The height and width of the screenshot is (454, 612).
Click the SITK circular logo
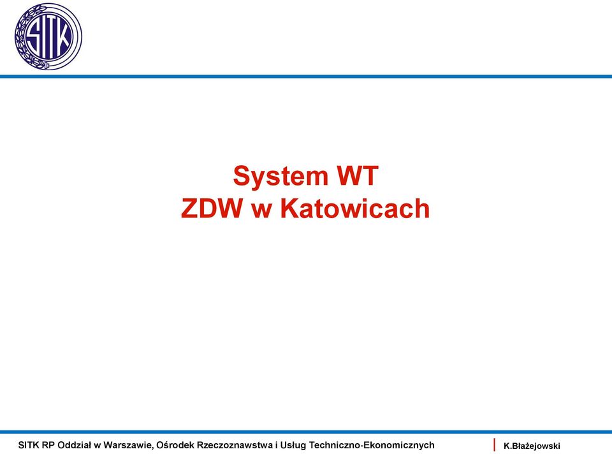tap(48, 36)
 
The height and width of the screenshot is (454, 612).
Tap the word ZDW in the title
tap(212, 208)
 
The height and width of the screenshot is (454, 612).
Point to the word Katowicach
tap(355, 208)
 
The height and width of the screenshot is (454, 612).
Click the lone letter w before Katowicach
tap(261, 211)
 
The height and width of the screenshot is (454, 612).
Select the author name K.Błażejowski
tap(532, 446)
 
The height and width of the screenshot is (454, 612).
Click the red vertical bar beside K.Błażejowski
tap(494, 445)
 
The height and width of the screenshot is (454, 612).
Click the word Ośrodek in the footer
tap(175, 445)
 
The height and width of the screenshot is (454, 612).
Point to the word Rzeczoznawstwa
tap(235, 445)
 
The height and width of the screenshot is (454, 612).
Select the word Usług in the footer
tap(294, 446)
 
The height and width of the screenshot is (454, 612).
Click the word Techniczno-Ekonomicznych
tap(372, 446)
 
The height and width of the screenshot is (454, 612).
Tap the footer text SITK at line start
tap(29, 445)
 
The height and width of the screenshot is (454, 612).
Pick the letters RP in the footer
tap(48, 445)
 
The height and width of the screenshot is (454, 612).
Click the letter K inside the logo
tap(64, 37)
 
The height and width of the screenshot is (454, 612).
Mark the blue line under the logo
tap(306, 77)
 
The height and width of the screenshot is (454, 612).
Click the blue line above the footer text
tap(306, 432)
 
